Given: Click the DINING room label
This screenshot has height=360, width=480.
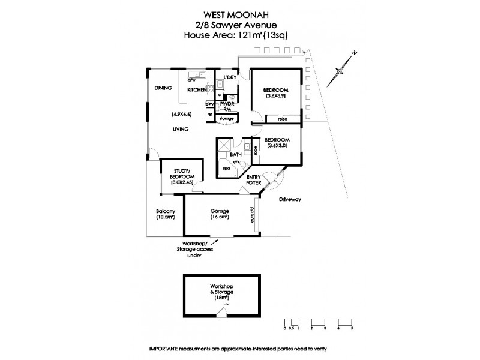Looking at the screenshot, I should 163,89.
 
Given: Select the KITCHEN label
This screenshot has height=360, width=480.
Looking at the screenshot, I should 197,89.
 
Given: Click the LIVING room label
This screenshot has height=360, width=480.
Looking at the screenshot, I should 180,129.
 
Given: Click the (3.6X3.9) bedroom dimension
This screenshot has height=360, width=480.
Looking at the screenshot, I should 276,95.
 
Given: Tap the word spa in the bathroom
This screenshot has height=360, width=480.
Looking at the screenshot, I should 226,169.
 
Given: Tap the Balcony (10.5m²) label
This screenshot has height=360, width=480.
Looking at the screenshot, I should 165,215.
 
